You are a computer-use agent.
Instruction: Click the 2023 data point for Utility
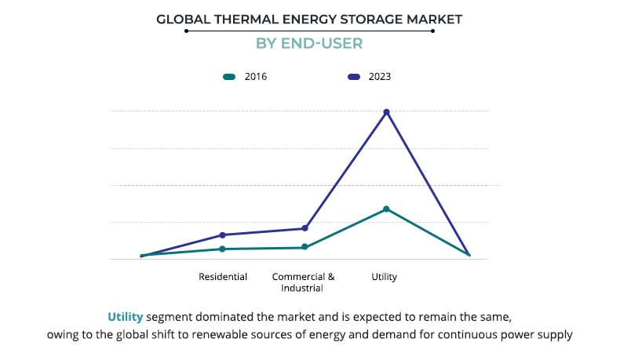click(386, 112)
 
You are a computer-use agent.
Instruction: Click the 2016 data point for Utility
click(386, 209)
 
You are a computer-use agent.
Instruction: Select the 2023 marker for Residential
click(223, 235)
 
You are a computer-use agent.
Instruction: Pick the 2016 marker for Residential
click(223, 249)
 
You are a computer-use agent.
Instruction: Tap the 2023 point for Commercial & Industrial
click(305, 228)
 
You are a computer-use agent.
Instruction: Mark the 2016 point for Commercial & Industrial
click(305, 248)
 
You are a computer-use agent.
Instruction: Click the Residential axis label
click(223, 277)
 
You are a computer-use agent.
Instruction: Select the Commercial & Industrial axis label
click(303, 282)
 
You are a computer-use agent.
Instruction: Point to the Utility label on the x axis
click(385, 277)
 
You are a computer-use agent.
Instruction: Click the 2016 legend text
click(257, 77)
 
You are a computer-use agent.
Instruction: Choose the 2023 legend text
click(379, 77)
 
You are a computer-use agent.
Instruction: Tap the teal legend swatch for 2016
click(229, 77)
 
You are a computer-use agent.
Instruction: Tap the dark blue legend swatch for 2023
click(353, 77)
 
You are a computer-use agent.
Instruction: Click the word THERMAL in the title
click(237, 18)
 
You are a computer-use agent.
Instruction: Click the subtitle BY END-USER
click(309, 43)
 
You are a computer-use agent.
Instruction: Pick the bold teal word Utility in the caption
click(126, 318)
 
